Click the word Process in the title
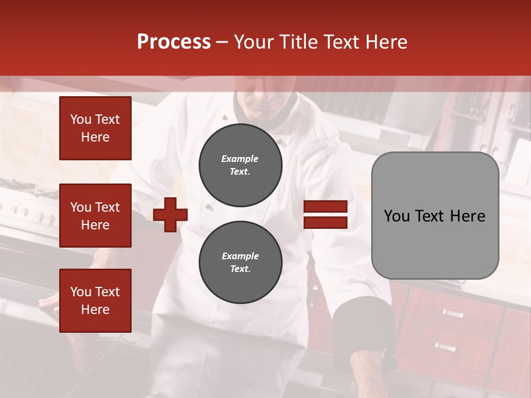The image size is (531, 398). [x=174, y=42]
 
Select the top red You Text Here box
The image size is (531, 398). [x=95, y=128]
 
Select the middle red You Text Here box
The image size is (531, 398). [x=95, y=216]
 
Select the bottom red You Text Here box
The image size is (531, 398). [x=95, y=301]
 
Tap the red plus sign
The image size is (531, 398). [x=170, y=214]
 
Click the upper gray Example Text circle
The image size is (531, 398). [x=241, y=165]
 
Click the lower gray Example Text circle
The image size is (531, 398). [x=241, y=262]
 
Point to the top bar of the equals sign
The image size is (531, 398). [x=325, y=207]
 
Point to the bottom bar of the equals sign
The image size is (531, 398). [x=325, y=222]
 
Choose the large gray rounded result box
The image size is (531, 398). [x=435, y=216]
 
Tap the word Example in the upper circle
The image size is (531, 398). [x=240, y=159]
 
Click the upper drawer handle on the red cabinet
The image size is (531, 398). [x=452, y=314]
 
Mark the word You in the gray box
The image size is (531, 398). [x=397, y=216]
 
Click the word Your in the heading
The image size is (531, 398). [x=254, y=42]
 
